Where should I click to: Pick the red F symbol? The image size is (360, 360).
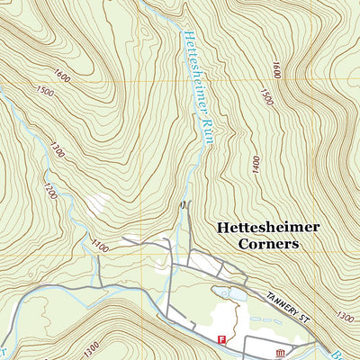tap(221, 338)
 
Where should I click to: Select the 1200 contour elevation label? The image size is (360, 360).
tap(49, 191)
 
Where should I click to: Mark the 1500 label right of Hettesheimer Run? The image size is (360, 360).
tap(265, 97)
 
